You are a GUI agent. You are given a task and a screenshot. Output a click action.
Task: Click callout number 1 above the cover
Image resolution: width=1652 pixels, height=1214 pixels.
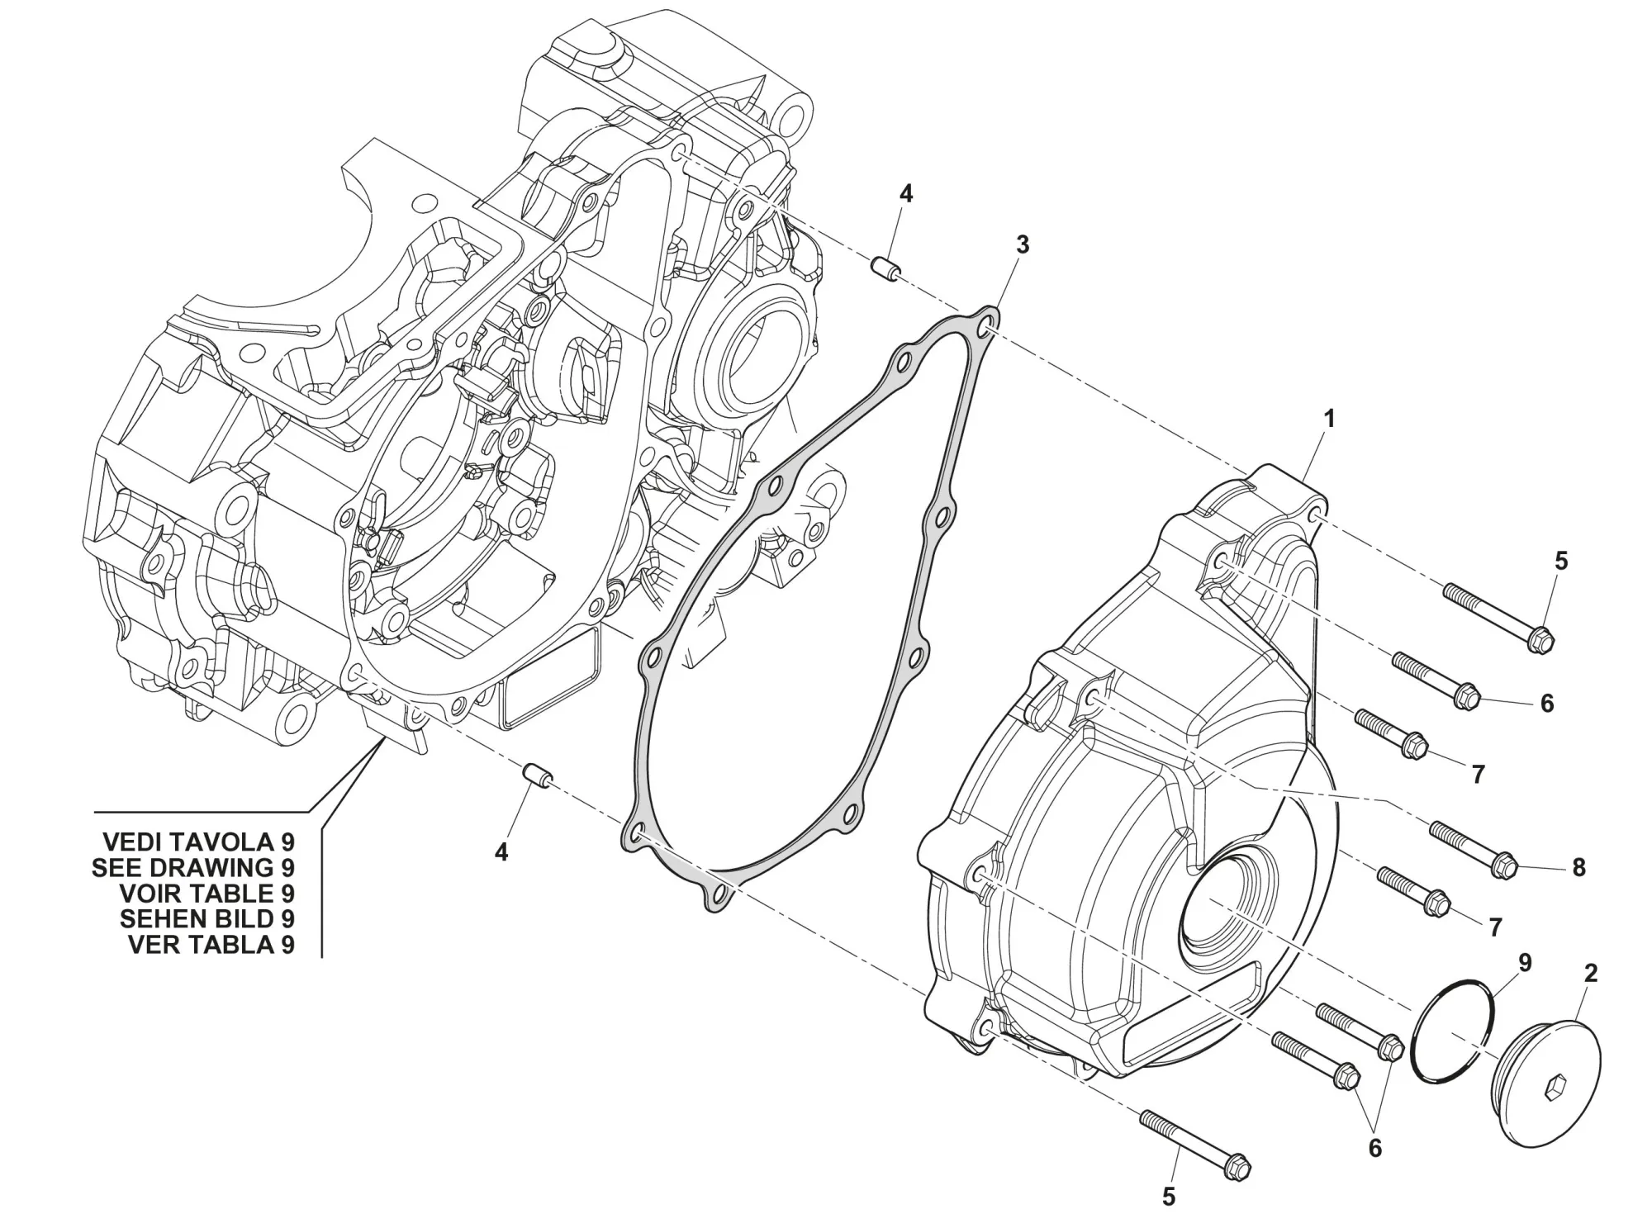[1329, 420]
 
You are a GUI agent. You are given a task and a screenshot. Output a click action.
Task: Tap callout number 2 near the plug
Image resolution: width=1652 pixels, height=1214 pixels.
[1591, 974]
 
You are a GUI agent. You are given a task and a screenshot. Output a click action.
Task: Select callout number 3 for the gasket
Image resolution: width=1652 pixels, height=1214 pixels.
[1023, 244]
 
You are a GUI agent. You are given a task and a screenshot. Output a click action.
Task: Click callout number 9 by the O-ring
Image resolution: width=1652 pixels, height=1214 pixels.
[1525, 963]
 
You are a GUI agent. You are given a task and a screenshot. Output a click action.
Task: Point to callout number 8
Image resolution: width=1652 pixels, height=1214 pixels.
[1578, 867]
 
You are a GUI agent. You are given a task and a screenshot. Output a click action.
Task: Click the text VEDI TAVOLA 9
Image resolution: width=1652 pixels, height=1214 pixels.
[198, 842]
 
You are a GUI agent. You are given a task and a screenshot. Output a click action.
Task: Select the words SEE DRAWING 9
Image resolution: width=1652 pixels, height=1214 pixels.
[193, 867]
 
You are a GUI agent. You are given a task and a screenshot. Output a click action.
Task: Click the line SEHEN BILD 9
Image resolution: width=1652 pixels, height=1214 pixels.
[206, 918]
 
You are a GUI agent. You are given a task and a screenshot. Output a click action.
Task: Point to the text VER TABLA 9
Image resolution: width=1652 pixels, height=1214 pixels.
[211, 944]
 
